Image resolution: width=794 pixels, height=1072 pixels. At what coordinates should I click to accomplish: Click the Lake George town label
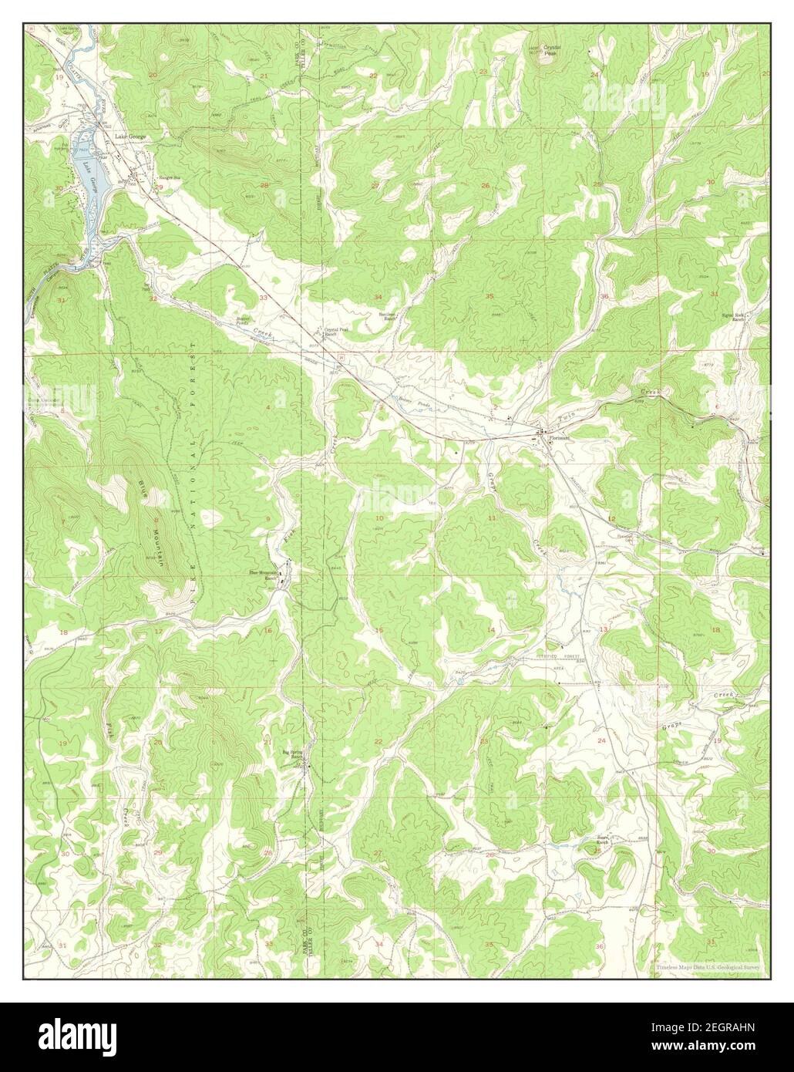[x=130, y=137]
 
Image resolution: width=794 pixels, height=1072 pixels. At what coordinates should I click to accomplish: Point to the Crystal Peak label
[x=550, y=50]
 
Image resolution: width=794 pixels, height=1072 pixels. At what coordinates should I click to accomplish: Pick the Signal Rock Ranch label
[x=733, y=316]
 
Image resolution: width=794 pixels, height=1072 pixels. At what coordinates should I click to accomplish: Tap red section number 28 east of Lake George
[x=264, y=185]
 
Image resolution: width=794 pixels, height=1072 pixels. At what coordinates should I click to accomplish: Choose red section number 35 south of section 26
[x=489, y=296]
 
